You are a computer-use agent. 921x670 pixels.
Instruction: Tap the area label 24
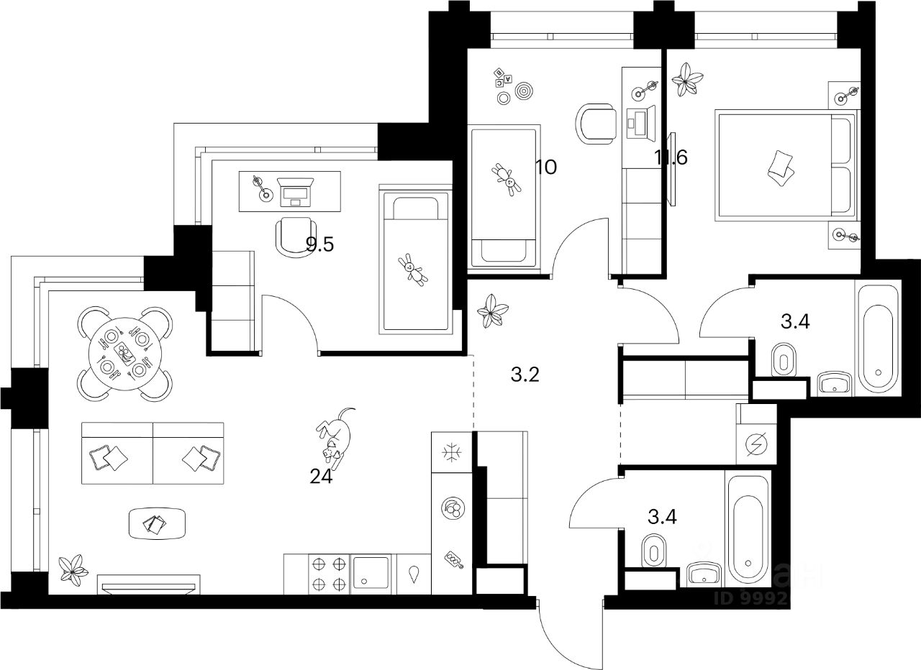322,477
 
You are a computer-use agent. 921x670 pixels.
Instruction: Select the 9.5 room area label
320,244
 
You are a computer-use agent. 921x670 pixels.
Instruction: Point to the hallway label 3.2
524,375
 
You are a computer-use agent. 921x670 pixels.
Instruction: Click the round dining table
125,354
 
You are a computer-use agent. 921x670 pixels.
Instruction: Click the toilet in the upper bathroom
782,360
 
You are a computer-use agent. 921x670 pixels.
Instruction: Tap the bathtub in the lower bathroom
748,531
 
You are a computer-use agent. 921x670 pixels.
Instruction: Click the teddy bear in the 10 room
506,178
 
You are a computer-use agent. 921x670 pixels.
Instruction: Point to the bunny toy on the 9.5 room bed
413,270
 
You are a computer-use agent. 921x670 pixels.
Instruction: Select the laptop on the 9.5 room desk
294,192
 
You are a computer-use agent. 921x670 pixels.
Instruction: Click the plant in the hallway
494,311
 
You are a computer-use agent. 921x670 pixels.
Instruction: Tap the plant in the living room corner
73,568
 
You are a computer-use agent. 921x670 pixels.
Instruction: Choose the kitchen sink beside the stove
371,574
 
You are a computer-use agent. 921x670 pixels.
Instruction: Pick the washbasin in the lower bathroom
702,574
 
